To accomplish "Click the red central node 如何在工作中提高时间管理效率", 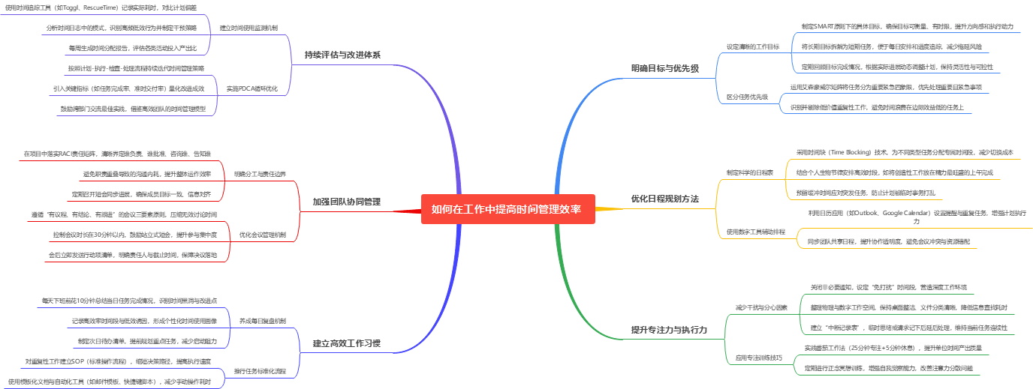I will click(x=507, y=209).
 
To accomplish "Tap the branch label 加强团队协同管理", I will click(x=347, y=202).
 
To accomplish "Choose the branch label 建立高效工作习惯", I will click(x=347, y=344).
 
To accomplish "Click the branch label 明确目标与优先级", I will click(x=664, y=68).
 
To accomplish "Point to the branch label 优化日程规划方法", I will click(x=664, y=199).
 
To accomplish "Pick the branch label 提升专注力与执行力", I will click(x=668, y=330).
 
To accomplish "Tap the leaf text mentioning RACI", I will click(x=116, y=154).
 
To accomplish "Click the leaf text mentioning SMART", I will click(x=907, y=26).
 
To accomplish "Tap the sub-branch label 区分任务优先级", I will click(x=747, y=97).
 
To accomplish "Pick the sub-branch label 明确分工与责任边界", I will click(x=260, y=174).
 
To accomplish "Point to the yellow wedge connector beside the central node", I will click(x=610, y=209).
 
